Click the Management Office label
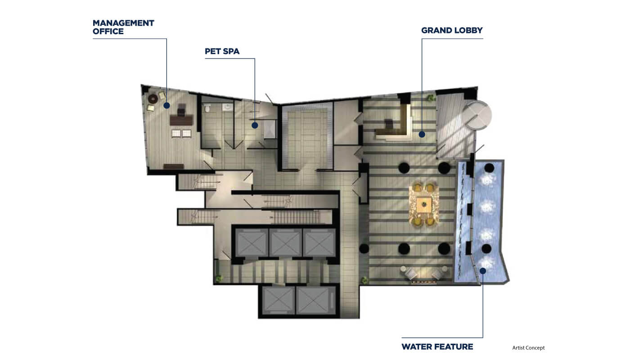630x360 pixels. (x=123, y=27)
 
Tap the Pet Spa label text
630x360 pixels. (x=222, y=51)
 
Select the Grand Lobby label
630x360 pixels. (x=452, y=31)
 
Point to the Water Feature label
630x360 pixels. (x=437, y=347)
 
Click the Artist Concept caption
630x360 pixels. (x=528, y=348)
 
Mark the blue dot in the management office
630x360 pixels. (x=167, y=105)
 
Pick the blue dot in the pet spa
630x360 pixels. (x=255, y=126)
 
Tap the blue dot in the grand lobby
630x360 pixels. (x=422, y=135)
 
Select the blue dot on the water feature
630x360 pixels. (x=483, y=271)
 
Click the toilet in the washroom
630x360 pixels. (x=207, y=108)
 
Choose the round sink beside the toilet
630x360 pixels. (x=227, y=107)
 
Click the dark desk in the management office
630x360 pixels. (x=181, y=120)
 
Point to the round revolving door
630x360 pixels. (x=477, y=115)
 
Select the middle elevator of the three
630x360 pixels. (x=285, y=243)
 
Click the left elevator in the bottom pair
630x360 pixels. (x=279, y=301)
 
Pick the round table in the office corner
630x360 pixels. (x=153, y=99)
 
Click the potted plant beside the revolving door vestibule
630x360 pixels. (x=431, y=98)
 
